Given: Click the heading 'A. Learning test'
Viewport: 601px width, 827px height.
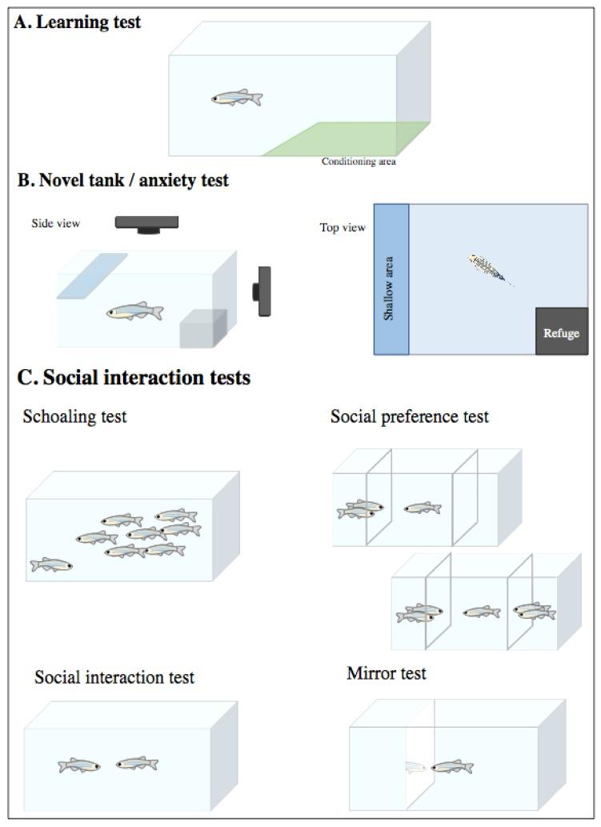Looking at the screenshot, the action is tap(78, 22).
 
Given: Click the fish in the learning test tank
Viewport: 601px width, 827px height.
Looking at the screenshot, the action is tap(237, 98).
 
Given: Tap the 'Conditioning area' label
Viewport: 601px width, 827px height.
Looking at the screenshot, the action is tap(359, 162).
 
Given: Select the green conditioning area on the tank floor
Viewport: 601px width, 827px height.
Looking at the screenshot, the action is tap(346, 139).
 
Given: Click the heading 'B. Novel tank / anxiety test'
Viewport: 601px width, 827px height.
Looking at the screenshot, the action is tap(122, 180).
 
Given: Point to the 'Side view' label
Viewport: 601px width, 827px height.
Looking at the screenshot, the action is tap(55, 223).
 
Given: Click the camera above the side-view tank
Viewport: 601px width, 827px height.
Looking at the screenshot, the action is tap(146, 224).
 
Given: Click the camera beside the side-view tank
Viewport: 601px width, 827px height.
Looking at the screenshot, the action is tap(262, 291).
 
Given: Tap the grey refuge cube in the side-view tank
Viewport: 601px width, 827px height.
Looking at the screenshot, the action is tap(203, 328).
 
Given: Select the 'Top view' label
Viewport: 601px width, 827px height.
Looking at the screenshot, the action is tap(343, 227).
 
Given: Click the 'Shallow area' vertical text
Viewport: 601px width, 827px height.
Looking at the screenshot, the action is tap(389, 288).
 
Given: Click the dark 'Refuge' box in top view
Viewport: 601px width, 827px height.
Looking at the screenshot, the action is tap(562, 331).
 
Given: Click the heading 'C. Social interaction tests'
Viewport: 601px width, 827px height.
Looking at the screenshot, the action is tap(134, 378).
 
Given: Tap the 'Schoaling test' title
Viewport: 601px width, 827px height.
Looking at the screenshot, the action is tap(74, 416).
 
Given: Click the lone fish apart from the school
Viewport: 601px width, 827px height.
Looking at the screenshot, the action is tap(51, 564).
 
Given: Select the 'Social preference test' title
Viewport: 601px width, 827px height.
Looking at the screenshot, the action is tap(409, 416).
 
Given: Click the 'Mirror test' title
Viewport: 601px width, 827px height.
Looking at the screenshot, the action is tap(387, 673).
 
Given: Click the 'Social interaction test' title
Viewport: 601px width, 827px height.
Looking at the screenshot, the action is tap(114, 677).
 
